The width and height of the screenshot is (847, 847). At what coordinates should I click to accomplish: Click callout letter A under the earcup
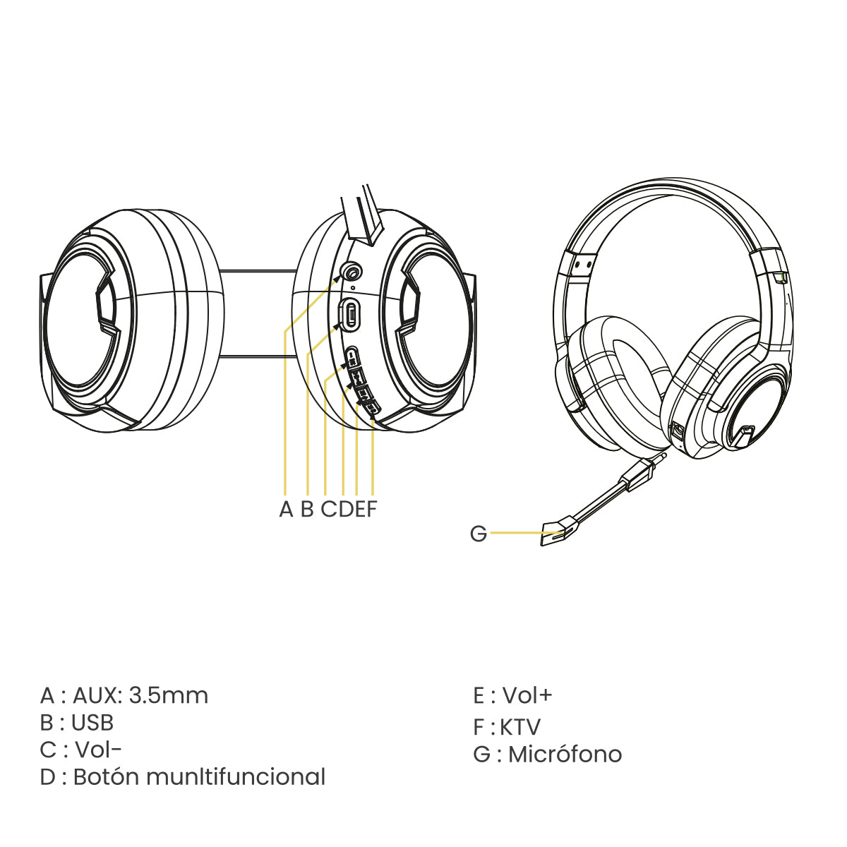click(x=286, y=509)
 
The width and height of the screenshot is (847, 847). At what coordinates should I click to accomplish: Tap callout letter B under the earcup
click(x=307, y=509)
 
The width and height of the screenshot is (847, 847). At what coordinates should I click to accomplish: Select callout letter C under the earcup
click(x=329, y=509)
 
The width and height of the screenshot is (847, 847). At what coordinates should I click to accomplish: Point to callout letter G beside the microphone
click(x=479, y=534)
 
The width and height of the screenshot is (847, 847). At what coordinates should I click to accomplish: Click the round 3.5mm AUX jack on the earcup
click(x=352, y=272)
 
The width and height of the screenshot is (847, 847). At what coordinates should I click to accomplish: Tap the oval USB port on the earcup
click(x=350, y=313)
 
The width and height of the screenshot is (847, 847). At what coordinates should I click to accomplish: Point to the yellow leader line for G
click(x=526, y=533)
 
